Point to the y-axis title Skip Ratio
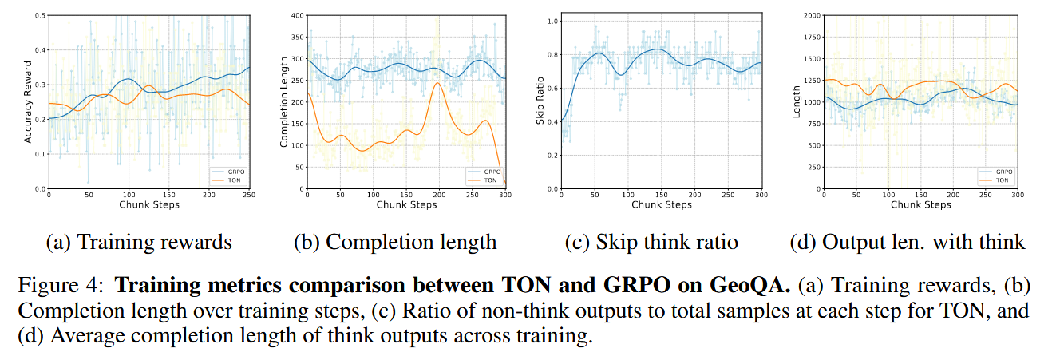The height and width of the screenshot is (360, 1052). click(x=540, y=101)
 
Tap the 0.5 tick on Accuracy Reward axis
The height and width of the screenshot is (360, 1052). click(x=40, y=15)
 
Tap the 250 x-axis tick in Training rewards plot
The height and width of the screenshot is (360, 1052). click(x=248, y=194)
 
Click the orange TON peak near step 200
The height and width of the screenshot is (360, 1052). click(x=437, y=83)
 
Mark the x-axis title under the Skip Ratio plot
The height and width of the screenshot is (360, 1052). click(x=661, y=204)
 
